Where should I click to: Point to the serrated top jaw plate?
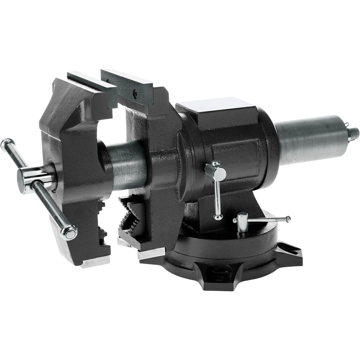point(128,85)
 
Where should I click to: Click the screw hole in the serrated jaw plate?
point(135,94)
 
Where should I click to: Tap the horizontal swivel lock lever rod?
point(266,219)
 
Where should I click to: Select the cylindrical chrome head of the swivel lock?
point(242,221)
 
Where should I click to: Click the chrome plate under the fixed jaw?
point(151,254)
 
